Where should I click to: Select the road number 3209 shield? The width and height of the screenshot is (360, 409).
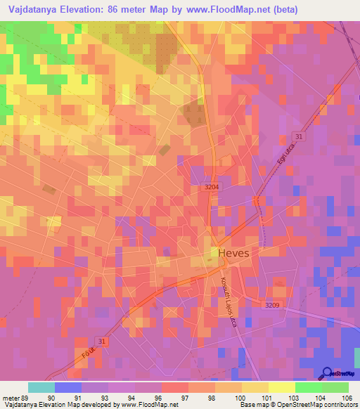272,305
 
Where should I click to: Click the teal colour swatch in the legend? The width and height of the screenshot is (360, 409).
41,387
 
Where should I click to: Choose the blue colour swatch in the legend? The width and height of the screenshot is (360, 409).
68,387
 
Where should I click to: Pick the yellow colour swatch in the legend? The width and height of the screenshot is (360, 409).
282,387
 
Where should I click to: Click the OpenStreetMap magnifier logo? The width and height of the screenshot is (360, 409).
326,373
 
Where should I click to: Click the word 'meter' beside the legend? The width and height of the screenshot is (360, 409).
11,397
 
